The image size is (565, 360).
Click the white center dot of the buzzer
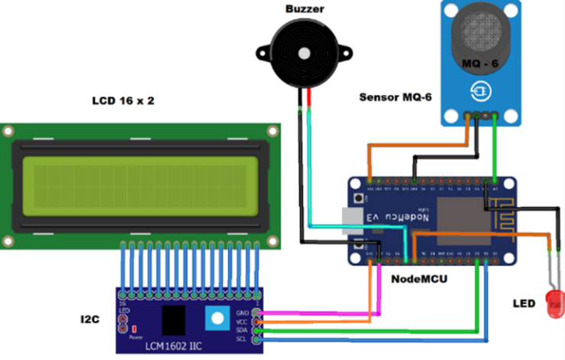(304, 54)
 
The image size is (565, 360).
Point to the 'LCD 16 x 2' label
(123, 100)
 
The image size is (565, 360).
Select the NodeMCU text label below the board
(419, 278)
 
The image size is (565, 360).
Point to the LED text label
(523, 303)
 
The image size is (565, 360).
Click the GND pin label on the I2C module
(243, 313)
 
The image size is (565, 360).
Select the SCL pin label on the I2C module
(243, 339)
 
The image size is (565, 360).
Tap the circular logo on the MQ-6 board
(481, 90)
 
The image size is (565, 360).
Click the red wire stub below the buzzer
(309, 99)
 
